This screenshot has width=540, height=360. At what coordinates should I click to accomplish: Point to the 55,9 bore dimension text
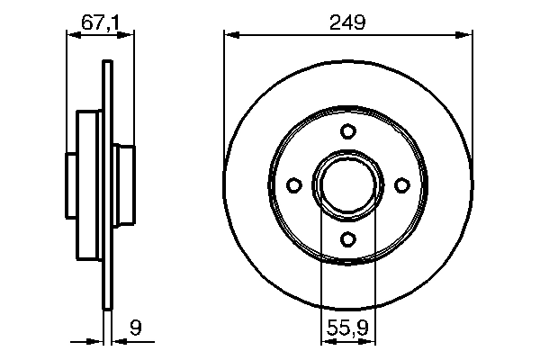pos(347,330)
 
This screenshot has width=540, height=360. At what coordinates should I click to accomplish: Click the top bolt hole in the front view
pos(348,131)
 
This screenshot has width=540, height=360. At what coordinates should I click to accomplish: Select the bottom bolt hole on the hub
pos(348,238)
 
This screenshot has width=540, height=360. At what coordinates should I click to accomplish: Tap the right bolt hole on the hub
pos(402,184)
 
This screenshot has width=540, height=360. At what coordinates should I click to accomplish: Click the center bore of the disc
pos(348,184)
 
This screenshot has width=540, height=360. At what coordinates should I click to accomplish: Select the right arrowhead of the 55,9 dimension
pos(370,342)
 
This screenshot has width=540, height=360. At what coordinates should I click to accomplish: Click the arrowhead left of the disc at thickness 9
pos(100,342)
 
